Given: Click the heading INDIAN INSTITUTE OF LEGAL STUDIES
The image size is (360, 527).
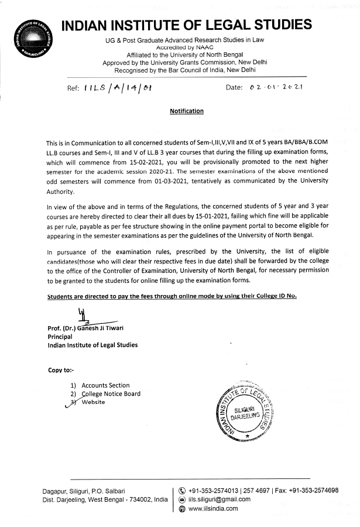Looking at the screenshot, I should [186, 25].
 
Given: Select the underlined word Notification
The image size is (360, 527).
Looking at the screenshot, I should [187, 111].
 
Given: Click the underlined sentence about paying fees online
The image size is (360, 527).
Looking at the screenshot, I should [172, 296].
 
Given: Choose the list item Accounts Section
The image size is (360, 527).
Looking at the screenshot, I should [105, 385].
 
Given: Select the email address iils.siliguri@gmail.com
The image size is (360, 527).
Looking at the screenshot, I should [219, 499].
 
